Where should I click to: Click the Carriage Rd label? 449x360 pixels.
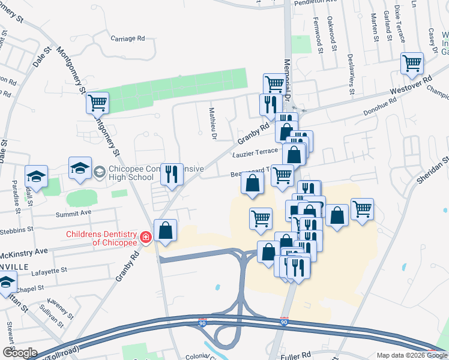pyautogui.click(x=128, y=38)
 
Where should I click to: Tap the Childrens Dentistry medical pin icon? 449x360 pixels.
pyautogui.click(x=145, y=238)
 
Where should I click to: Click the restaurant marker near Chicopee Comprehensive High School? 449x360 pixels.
pyautogui.click(x=172, y=174)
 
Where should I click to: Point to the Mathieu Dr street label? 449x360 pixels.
pyautogui.click(x=212, y=123)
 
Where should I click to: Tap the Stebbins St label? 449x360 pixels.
pyautogui.click(x=17, y=230)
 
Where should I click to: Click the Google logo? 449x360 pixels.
pyautogui.click(x=19, y=353)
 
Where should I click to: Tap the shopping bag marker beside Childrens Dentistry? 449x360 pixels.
pyautogui.click(x=165, y=230)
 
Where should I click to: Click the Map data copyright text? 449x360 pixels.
pyautogui.click(x=411, y=355)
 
